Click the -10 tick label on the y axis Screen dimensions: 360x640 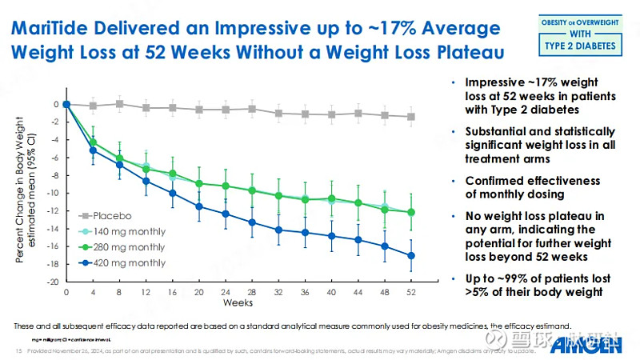pos(54,193)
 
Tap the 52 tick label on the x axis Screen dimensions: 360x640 pos(411,293)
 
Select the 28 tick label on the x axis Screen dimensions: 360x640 pos(252,293)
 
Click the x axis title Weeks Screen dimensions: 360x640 pos(238,303)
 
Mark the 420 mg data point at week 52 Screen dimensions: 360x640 pos(411,256)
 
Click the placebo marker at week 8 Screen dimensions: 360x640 pos(120,103)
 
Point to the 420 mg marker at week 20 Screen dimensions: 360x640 pos(199,206)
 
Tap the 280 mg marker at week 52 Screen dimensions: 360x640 pos(411,212)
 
